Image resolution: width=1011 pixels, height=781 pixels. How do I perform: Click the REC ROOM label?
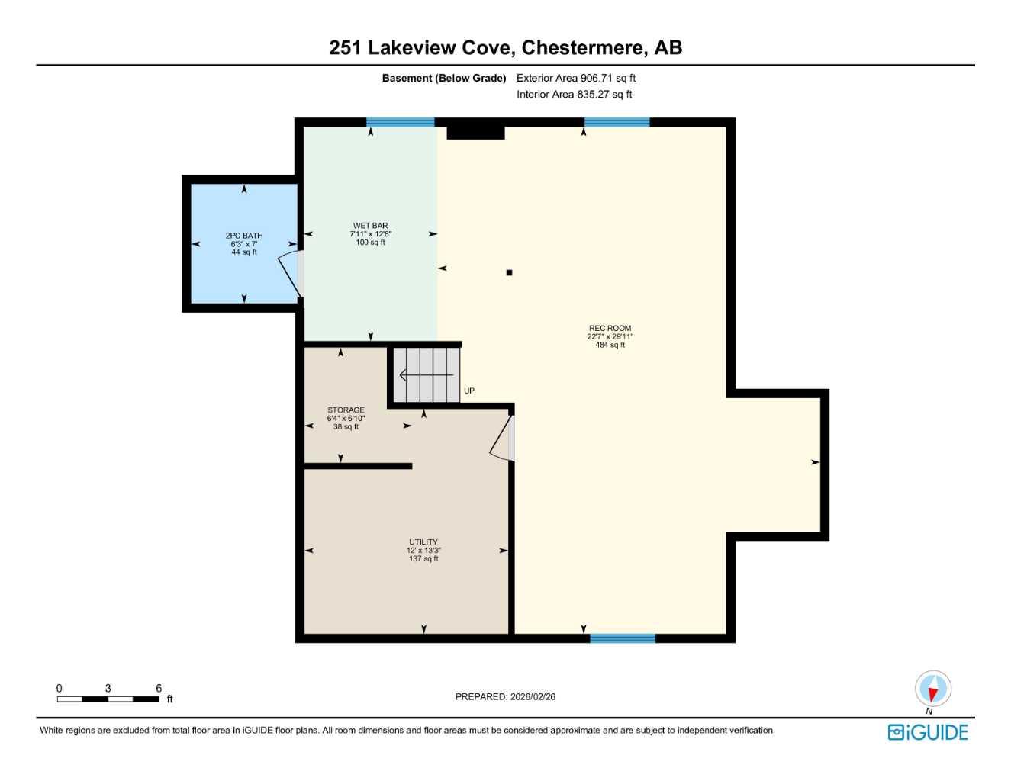click(610, 329)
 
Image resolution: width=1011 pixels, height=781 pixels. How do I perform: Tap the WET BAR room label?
click(370, 227)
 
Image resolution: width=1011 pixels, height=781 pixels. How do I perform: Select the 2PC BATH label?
click(244, 236)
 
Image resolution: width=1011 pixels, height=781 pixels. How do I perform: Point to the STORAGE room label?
click(346, 410)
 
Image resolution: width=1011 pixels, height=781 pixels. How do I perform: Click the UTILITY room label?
click(423, 542)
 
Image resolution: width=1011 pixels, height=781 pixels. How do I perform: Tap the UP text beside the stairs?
click(469, 391)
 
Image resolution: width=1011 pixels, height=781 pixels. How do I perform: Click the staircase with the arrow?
click(427, 375)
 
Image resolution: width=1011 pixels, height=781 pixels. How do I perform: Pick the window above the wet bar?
click(400, 122)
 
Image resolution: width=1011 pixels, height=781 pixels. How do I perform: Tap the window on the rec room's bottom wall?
click(623, 638)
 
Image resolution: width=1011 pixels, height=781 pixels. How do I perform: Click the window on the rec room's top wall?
click(617, 122)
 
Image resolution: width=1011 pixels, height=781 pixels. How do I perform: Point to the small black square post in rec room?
click(509, 272)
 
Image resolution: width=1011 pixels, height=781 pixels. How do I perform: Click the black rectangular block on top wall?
click(475, 133)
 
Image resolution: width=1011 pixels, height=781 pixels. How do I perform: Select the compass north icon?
click(932, 689)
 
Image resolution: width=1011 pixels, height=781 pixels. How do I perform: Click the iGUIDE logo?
click(928, 733)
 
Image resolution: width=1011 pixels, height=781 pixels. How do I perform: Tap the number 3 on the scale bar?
click(108, 689)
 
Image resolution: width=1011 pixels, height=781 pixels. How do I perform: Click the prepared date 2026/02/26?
click(533, 697)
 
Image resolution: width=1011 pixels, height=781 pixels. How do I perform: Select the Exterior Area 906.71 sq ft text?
click(576, 78)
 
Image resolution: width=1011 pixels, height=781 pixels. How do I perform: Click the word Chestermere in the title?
click(582, 47)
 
